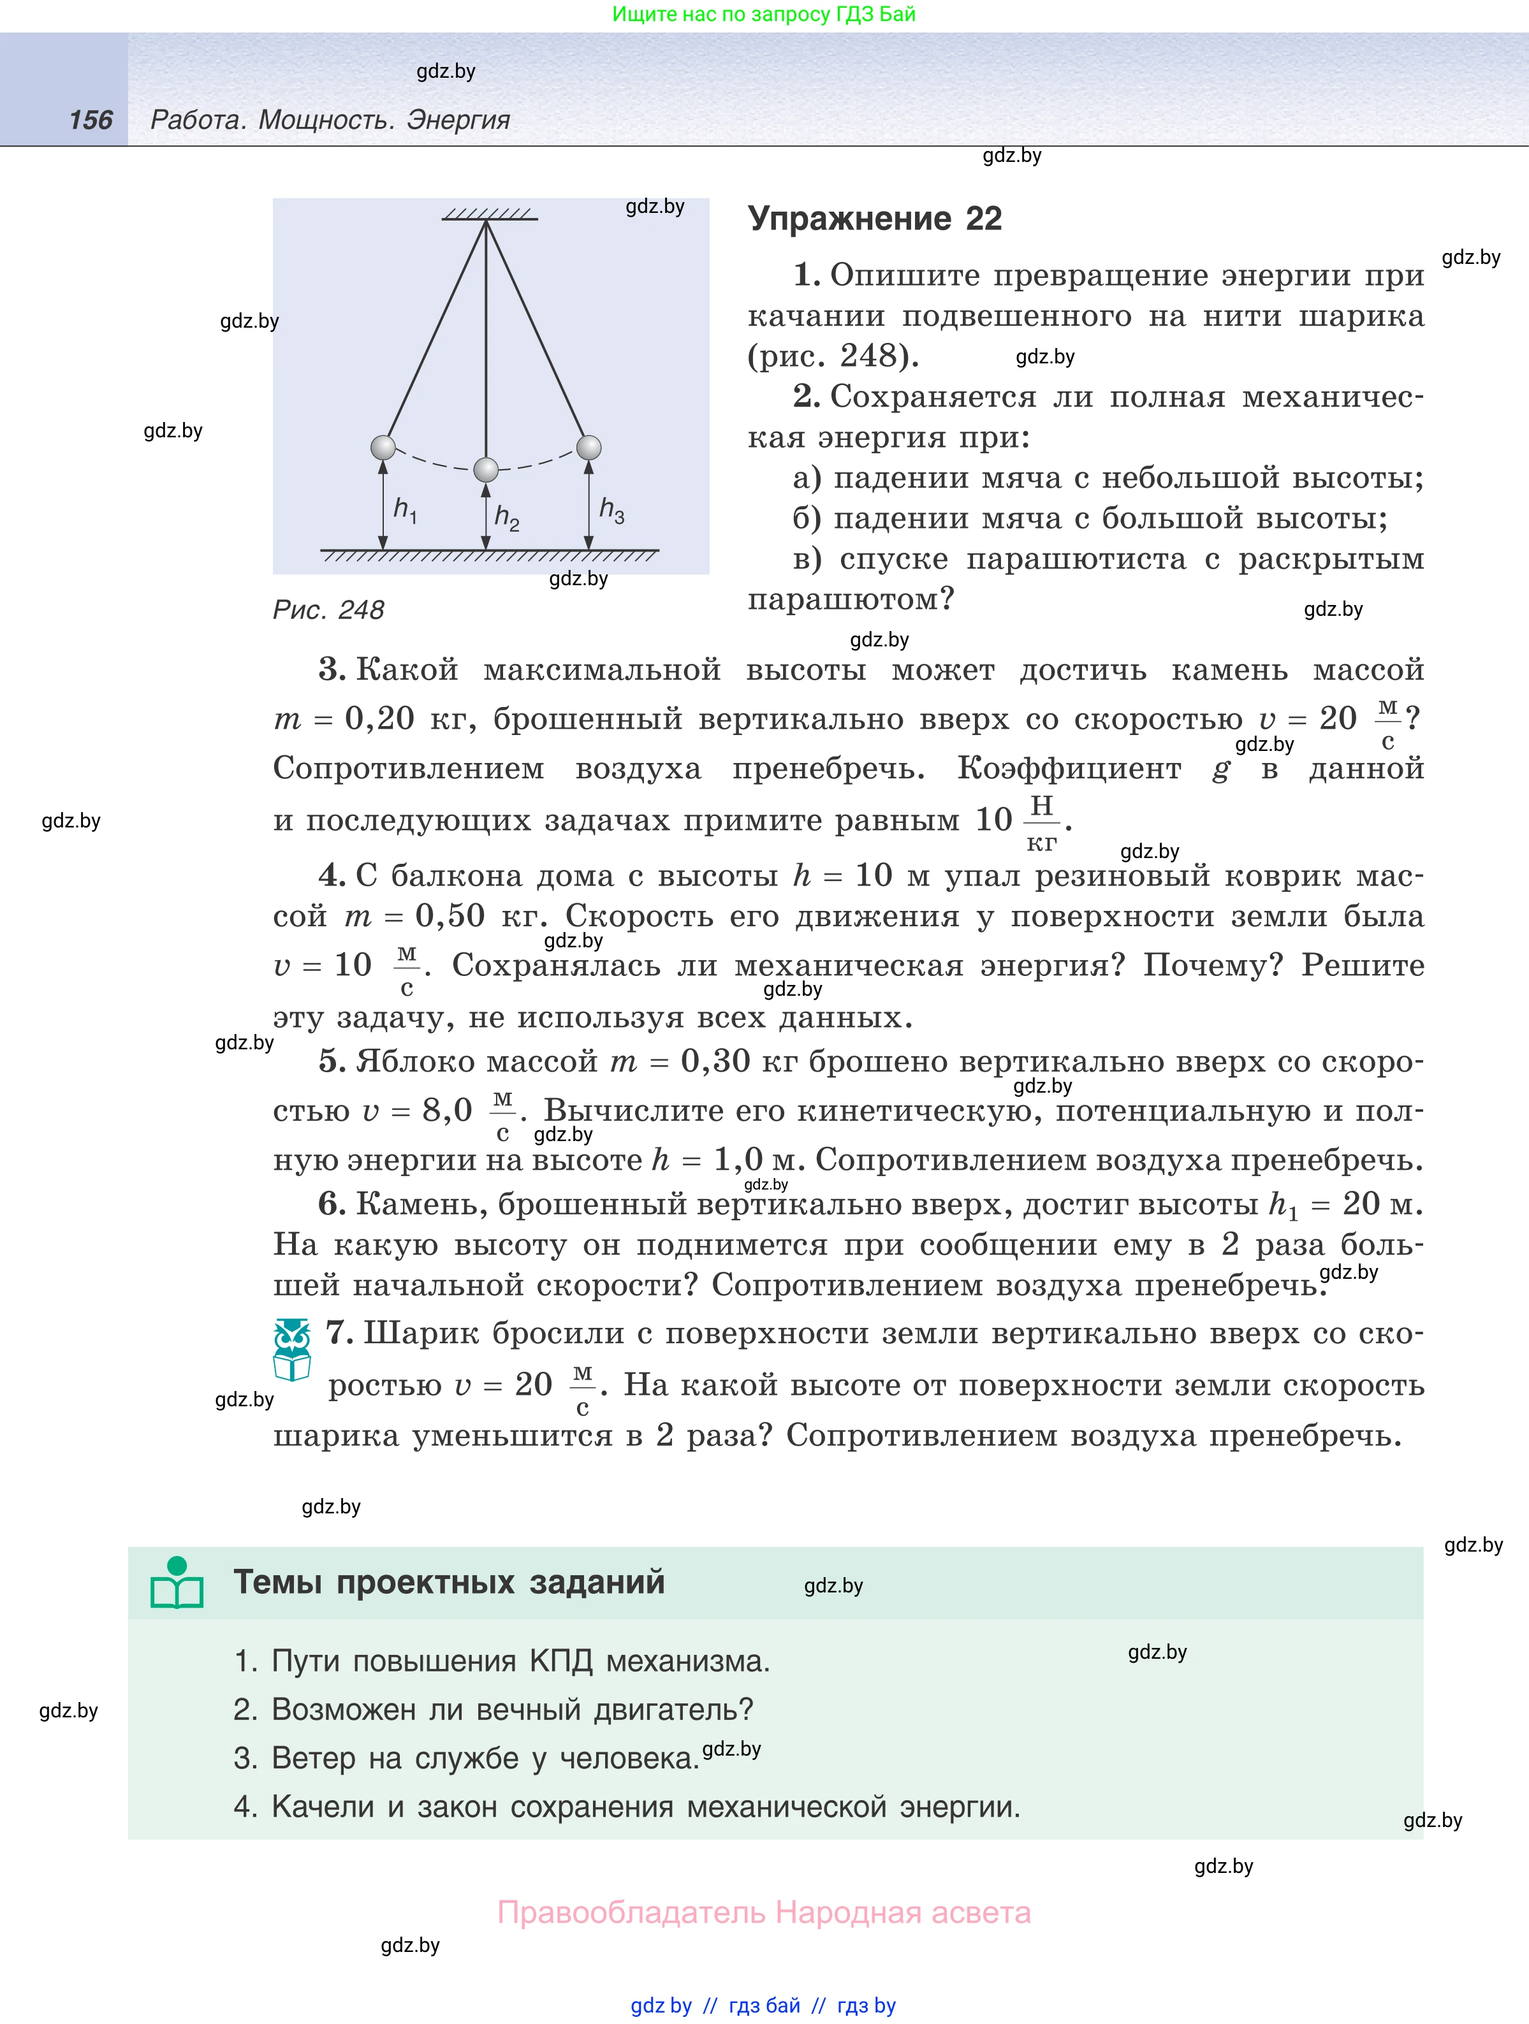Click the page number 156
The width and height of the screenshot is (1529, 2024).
tap(91, 120)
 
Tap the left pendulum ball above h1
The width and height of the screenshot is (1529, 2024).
tap(383, 448)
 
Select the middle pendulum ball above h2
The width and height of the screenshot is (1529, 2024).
tap(486, 469)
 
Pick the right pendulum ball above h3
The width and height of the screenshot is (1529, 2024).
tap(589, 448)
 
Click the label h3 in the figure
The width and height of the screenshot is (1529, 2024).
tap(611, 511)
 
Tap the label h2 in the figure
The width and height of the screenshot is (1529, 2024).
tap(506, 518)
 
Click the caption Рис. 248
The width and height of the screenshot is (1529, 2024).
tap(328, 609)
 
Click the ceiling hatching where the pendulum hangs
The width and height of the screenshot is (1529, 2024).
tap(488, 215)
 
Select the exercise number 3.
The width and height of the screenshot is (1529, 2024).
tap(331, 670)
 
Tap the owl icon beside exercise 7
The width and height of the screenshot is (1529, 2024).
tap(292, 1350)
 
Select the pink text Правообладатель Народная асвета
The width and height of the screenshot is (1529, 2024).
tap(763, 1912)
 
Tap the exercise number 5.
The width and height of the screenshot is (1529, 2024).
tap(331, 1061)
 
